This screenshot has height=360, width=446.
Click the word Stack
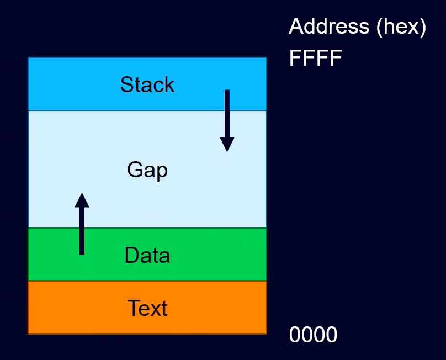(147, 84)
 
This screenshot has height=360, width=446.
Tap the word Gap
(147, 170)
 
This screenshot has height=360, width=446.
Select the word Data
(147, 255)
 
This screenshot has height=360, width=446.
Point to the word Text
(147, 308)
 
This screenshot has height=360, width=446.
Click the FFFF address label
(315, 58)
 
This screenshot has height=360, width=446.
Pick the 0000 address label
(313, 335)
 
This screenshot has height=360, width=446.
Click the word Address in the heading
(329, 26)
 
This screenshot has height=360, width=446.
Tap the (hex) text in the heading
(401, 27)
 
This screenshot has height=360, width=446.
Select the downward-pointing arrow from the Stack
(227, 121)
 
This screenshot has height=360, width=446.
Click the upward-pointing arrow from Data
(82, 224)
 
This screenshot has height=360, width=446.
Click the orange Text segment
(147, 308)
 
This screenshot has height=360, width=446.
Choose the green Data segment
(147, 255)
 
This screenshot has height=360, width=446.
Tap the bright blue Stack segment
(147, 84)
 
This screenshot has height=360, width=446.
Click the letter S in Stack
(126, 84)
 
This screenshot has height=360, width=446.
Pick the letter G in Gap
(134, 170)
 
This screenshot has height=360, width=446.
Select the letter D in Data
(131, 255)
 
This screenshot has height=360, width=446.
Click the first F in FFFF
(295, 58)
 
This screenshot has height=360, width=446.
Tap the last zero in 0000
(332, 335)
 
